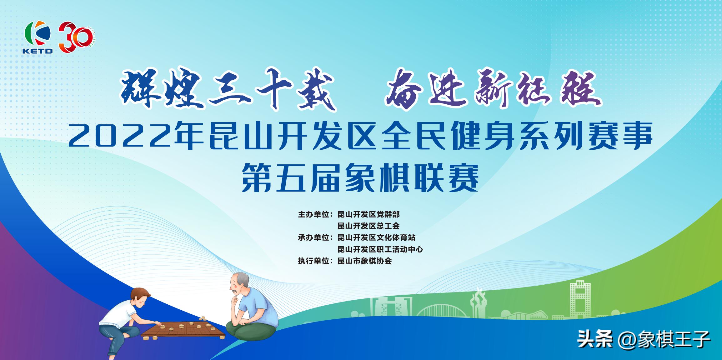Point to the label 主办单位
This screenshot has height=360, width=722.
(x=314, y=215)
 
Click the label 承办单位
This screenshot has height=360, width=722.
(x=314, y=238)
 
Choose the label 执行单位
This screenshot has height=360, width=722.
(x=314, y=261)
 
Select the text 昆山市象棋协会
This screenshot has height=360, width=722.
(x=364, y=261)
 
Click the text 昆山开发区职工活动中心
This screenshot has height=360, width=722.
(x=380, y=249)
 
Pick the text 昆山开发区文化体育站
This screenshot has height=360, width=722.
(x=376, y=238)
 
